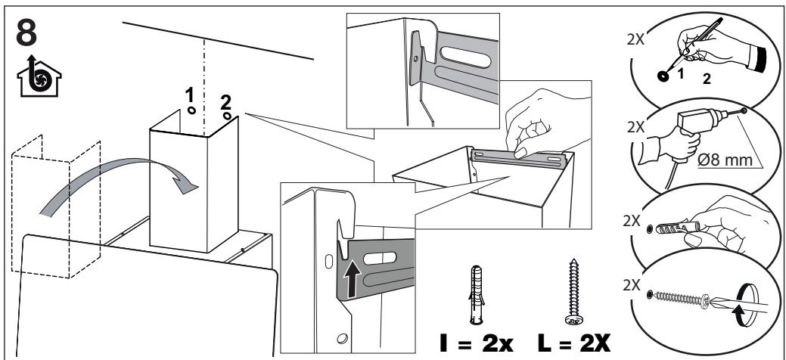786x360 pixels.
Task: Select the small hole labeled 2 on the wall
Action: click(x=227, y=117)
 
